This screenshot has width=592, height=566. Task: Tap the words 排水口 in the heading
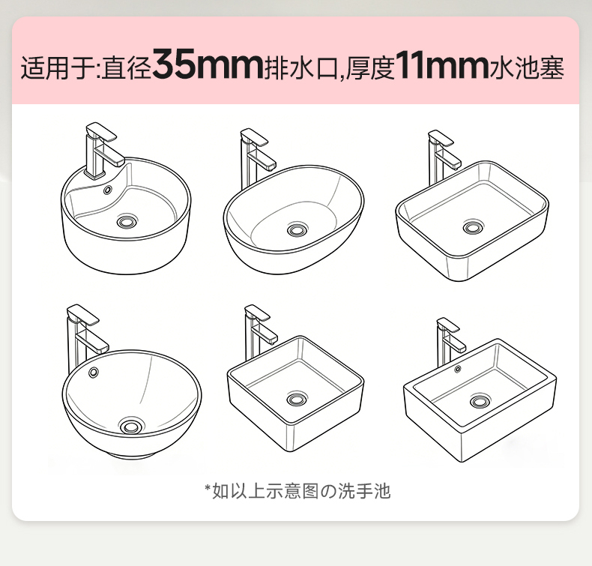(x=301, y=68)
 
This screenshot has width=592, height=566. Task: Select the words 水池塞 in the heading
(x=527, y=68)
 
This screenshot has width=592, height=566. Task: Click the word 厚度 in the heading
(x=370, y=68)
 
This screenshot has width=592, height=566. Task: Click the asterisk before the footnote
(x=208, y=488)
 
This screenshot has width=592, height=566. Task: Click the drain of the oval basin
(x=297, y=229)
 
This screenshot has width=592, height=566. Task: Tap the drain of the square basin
(x=297, y=399)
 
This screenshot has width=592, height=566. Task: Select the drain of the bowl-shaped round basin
(x=131, y=427)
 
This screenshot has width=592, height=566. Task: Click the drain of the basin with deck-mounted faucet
(x=127, y=220)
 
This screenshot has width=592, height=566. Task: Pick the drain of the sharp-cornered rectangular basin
(x=480, y=401)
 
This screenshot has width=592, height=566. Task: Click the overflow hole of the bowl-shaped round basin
(x=93, y=373)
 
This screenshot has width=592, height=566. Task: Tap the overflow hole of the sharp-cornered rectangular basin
(x=458, y=369)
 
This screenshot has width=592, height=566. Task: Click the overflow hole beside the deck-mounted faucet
(x=108, y=190)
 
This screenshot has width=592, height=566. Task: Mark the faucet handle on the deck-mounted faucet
(x=101, y=131)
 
